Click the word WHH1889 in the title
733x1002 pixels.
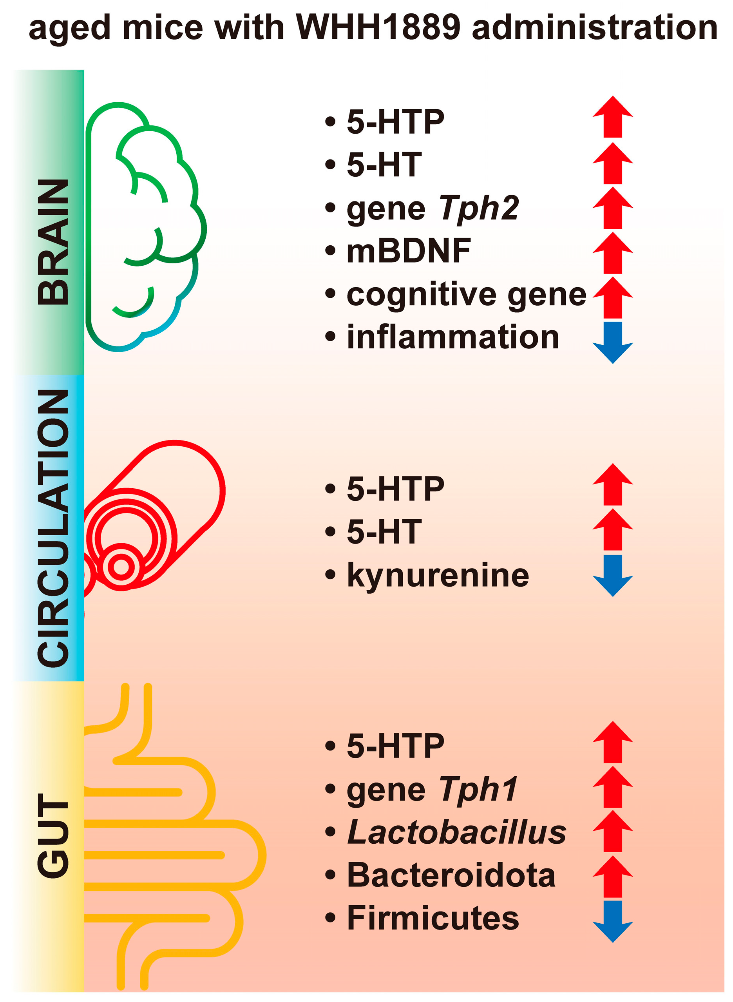(x=378, y=27)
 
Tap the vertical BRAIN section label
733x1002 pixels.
(x=53, y=242)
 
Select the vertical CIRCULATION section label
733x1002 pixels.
(x=53, y=528)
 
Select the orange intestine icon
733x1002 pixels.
(x=173, y=839)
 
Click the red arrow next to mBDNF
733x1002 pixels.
(x=612, y=253)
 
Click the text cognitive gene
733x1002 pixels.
(x=466, y=295)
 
